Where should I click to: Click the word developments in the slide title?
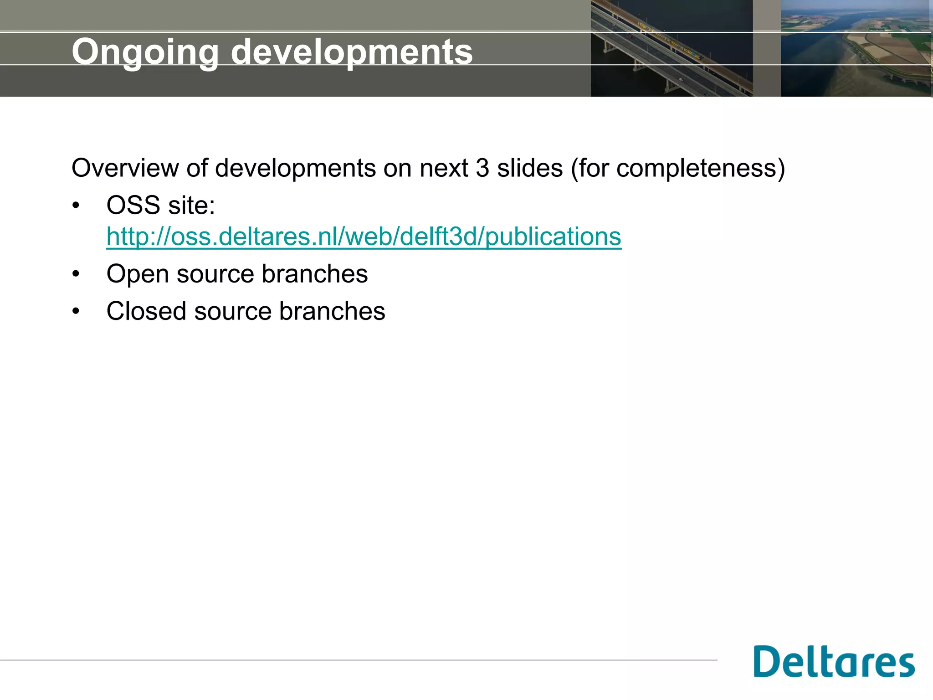352,51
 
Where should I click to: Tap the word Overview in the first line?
125,168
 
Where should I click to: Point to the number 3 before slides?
482,168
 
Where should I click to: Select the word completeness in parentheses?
696,168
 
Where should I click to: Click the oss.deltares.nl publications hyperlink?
364,237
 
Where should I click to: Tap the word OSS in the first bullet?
133,205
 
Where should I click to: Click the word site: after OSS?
192,205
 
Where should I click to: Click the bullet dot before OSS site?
76,206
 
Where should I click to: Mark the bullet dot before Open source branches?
76,274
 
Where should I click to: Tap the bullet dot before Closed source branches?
76,312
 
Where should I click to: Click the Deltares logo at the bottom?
834,661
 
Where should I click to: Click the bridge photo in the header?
672,48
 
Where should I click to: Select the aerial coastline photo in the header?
856,48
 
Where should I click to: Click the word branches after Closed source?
332,311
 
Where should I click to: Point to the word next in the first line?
444,168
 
